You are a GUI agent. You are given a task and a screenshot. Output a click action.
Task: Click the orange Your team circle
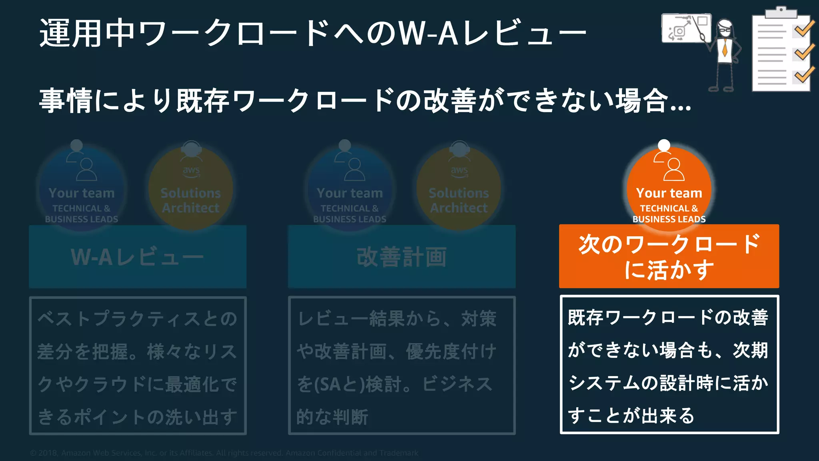[669, 188]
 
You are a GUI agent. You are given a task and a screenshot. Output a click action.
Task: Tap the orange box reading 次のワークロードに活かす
[669, 256]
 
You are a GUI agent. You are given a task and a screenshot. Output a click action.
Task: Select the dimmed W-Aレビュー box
[138, 257]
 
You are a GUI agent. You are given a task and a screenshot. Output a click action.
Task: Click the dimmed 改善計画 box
[402, 257]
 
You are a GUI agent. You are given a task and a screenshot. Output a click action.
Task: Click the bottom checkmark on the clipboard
[804, 74]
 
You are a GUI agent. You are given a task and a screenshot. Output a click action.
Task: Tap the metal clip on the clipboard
[781, 12]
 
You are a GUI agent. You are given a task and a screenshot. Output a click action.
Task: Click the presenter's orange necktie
[725, 48]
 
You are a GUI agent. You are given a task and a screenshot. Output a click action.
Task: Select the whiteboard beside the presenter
[685, 28]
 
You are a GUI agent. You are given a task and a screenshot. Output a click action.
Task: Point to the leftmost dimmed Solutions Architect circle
[191, 188]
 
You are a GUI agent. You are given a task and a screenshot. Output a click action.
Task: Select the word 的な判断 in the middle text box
[332, 417]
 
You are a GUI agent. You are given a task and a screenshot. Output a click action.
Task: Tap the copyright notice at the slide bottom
[224, 453]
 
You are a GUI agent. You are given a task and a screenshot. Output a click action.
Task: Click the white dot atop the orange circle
[664, 145]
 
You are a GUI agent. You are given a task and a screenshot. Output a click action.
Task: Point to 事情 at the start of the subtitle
[66, 101]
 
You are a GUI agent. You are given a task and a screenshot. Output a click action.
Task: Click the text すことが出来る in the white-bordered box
[631, 416]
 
